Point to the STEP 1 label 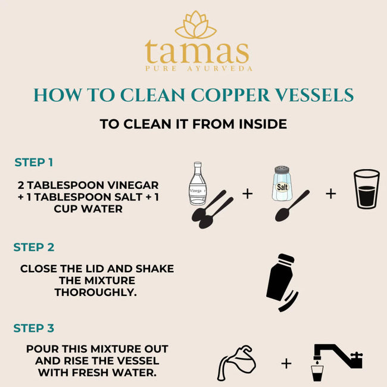click(34, 162)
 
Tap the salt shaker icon click(283, 183)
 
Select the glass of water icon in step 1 click(366, 189)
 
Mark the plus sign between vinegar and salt click(247, 193)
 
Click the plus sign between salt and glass click(330, 193)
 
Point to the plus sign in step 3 click(286, 363)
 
